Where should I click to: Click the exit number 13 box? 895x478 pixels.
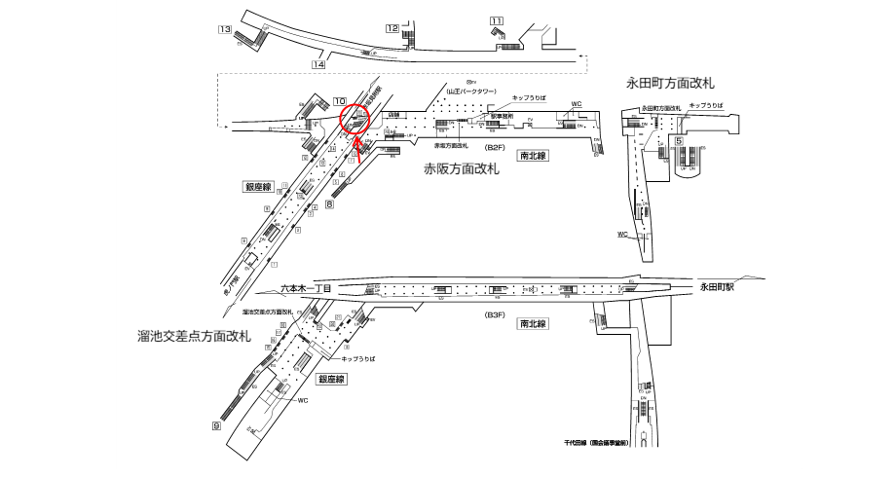224,31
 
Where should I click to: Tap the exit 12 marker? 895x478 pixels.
392,29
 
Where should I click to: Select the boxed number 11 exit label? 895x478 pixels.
498,20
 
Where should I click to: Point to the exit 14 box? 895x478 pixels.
317,65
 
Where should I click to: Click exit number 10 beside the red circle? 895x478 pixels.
339,101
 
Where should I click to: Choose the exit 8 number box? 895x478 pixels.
330,204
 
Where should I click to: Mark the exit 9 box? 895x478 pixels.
216,425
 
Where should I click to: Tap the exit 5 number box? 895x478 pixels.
677,140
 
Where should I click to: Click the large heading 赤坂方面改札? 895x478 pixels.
461,169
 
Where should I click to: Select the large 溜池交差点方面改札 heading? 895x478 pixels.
195,336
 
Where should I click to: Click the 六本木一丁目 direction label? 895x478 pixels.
306,289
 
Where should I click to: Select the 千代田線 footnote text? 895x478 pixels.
596,442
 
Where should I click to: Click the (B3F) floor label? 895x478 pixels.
496,315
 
